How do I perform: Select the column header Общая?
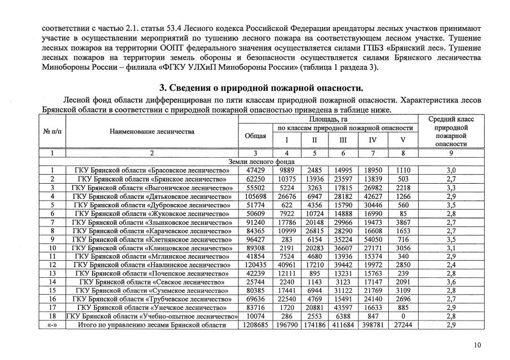point(255,136)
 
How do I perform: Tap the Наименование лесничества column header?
point(152,131)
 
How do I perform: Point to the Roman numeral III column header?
point(343,140)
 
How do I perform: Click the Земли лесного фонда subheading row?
point(261,161)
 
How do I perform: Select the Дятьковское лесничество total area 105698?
point(255,196)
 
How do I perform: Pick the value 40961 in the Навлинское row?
point(287,265)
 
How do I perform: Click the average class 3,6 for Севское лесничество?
point(451,282)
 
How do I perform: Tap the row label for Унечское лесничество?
point(152,308)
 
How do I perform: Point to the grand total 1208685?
point(255,325)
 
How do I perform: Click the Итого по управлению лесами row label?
point(152,325)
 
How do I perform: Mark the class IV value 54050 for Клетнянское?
point(371,239)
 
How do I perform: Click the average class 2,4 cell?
point(451,265)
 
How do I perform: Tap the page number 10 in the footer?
point(478,346)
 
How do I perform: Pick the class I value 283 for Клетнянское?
point(287,239)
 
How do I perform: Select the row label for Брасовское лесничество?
point(152,170)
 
